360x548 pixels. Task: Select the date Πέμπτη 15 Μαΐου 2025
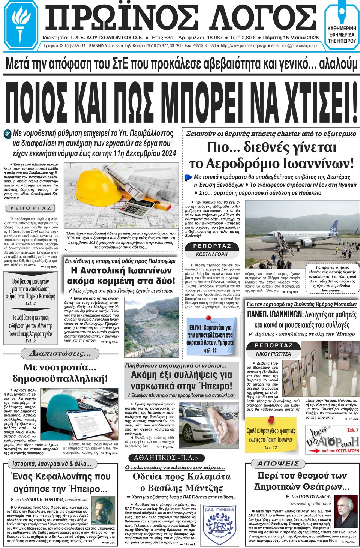[x=291, y=38]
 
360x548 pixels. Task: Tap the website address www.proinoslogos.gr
[x=243, y=46]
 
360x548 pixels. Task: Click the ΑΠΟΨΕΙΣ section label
[x=278, y=464]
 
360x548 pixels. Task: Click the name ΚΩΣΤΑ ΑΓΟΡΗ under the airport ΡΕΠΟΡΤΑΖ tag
[x=211, y=254]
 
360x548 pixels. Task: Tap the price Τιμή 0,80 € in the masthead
[x=243, y=38]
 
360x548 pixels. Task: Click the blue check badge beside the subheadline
[x=7, y=134]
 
